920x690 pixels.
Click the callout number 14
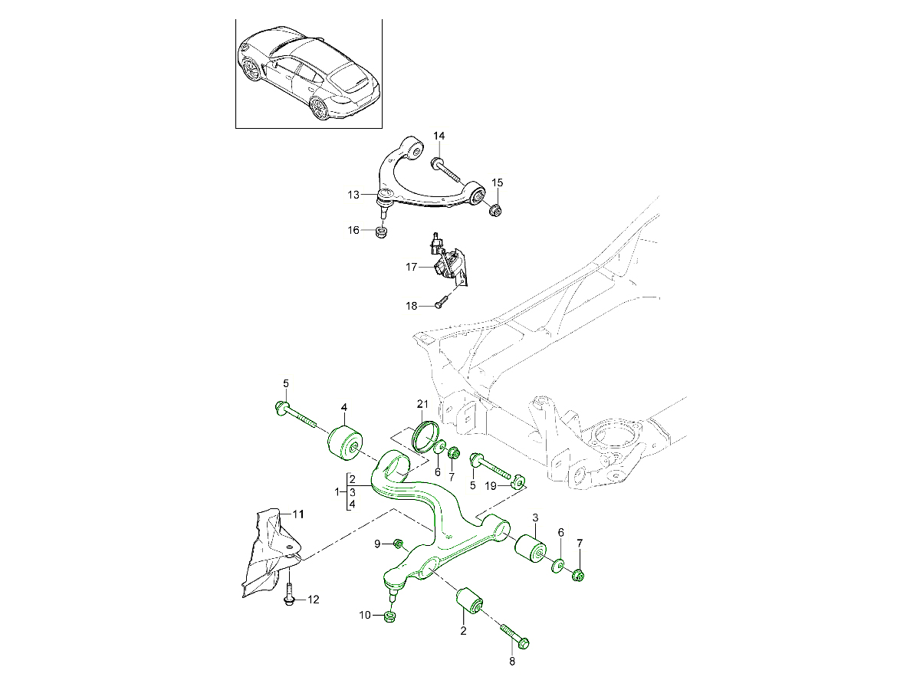tap(439, 136)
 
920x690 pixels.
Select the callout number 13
tap(353, 195)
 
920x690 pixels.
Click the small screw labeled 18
tap(439, 304)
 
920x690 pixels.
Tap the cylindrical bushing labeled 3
tap(529, 548)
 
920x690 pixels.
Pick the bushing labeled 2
tap(468, 603)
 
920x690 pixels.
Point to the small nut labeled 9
tap(398, 544)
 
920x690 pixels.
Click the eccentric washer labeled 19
tap(517, 481)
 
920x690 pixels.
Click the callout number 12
tap(313, 600)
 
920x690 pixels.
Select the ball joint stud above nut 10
tap(392, 592)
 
